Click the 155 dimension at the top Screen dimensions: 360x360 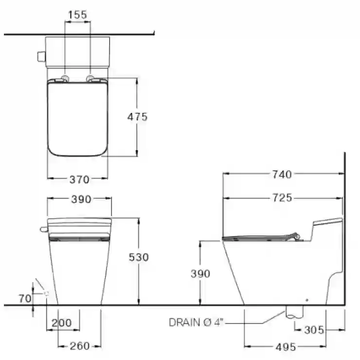pyautogui.click(x=78, y=15)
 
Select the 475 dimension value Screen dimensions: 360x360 pyautogui.click(x=137, y=117)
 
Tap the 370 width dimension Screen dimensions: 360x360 pyautogui.click(x=79, y=180)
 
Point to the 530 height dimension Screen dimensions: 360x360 pyautogui.click(x=139, y=257)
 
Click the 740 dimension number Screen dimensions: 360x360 pyautogui.click(x=282, y=175)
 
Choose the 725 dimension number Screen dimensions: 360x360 pyautogui.click(x=282, y=198)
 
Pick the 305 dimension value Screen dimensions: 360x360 pyautogui.click(x=314, y=330)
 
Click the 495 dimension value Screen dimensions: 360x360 pyautogui.click(x=286, y=347)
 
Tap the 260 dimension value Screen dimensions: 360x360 pyautogui.click(x=79, y=346)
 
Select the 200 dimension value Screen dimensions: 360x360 pyautogui.click(x=61, y=323)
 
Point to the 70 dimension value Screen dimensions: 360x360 pyautogui.click(x=25, y=299)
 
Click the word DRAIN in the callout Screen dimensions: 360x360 pyautogui.click(x=184, y=323)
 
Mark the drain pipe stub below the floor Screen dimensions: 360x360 pyautogui.click(x=294, y=312)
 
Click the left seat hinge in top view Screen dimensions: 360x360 pyautogui.click(x=65, y=78)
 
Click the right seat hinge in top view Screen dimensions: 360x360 pyautogui.click(x=90, y=78)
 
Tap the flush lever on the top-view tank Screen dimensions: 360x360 pyautogui.click(x=41, y=57)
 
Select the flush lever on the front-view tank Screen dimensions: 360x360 pyautogui.click(x=44, y=229)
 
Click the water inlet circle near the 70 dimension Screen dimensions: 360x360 pyautogui.click(x=47, y=293)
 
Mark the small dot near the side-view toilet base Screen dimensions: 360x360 pyautogui.click(x=307, y=300)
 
